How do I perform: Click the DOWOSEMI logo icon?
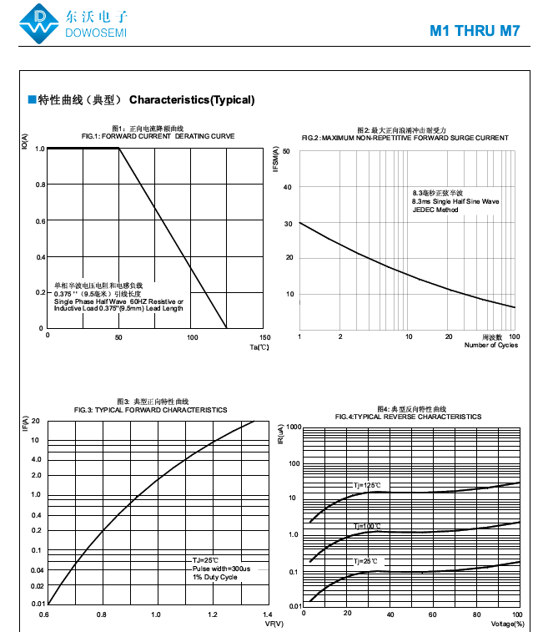[40, 23]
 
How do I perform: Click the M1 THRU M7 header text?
[475, 32]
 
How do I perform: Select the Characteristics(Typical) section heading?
[192, 100]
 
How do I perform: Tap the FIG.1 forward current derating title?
[158, 136]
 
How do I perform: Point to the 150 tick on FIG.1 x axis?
[264, 336]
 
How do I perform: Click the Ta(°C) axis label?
[259, 347]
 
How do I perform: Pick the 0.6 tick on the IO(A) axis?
[39, 221]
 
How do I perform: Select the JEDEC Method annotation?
[435, 210]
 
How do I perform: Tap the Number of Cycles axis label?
[490, 345]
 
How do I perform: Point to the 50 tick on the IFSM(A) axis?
[286, 151]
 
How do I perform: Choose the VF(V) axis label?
[274, 624]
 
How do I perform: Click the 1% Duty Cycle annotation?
[215, 577]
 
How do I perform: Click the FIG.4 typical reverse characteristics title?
[408, 417]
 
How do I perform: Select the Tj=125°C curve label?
[364, 485]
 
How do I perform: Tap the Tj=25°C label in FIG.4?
[366, 561]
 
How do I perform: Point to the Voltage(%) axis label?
[507, 624]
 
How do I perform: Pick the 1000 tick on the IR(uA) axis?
[292, 427]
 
